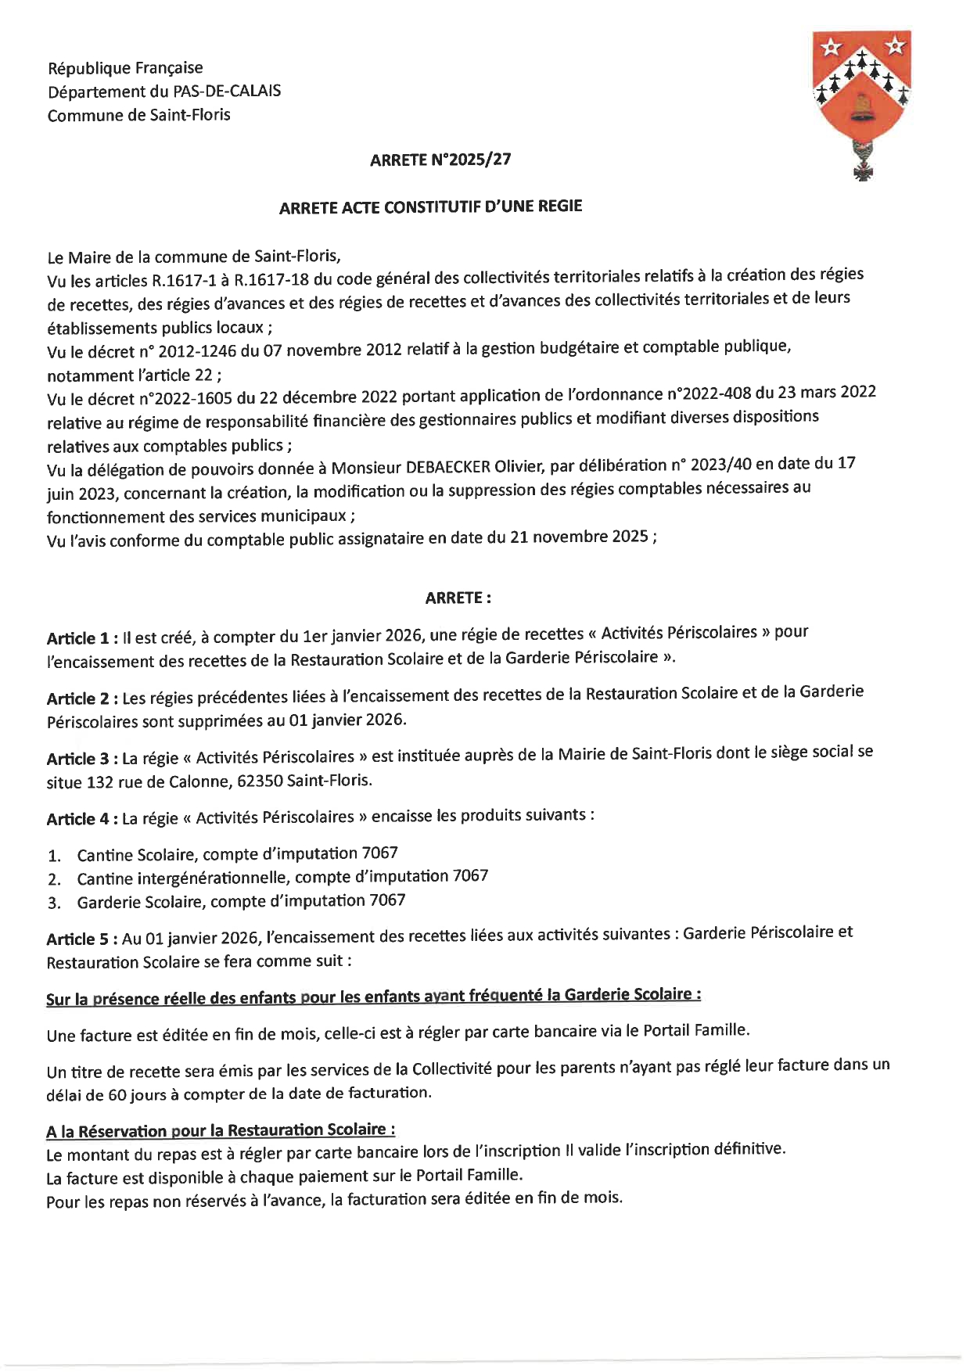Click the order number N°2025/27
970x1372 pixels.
pos(472,160)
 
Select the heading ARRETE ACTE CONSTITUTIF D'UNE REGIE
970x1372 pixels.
pos(431,207)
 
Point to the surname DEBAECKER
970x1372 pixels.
pos(447,467)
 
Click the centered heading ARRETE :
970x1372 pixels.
pos(458,598)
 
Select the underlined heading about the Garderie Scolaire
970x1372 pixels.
pos(373,997)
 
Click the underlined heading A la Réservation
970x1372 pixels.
pos(221,1130)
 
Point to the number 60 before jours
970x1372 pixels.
pos(117,1095)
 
